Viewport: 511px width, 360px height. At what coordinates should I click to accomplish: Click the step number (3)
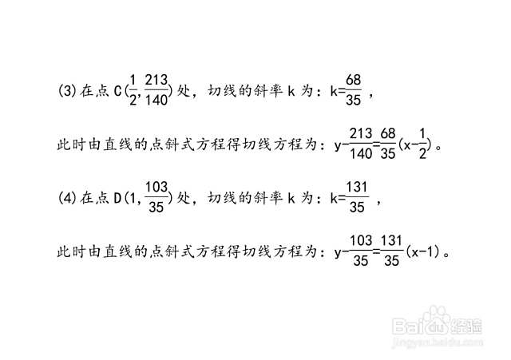coord(67,90)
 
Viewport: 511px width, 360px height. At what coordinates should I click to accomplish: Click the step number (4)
coord(67,198)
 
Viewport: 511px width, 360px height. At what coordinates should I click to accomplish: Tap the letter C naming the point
coord(118,91)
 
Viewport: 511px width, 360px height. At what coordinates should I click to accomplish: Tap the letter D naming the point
coord(118,198)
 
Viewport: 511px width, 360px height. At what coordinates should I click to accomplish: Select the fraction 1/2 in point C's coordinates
coord(133,89)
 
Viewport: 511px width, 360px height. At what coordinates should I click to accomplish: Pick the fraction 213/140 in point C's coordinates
coord(156,89)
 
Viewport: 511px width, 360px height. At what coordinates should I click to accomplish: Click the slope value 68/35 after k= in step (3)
coord(353,89)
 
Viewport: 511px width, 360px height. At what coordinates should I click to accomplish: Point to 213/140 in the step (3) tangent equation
coord(361,144)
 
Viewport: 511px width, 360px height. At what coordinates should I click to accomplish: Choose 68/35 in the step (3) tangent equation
coord(388,144)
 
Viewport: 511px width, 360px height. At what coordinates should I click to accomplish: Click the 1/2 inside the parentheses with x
coord(422,144)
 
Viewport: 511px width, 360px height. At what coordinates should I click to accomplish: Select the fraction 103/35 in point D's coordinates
coord(156,197)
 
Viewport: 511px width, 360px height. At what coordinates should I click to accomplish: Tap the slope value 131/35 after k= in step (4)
coord(357,197)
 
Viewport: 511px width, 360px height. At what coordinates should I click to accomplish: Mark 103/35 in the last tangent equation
coord(361,251)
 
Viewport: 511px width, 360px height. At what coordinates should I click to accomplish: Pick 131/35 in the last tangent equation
coord(391,251)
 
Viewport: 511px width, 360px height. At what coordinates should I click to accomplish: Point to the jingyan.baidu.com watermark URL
coord(438,342)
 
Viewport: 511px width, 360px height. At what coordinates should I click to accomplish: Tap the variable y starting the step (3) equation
coord(338,145)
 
